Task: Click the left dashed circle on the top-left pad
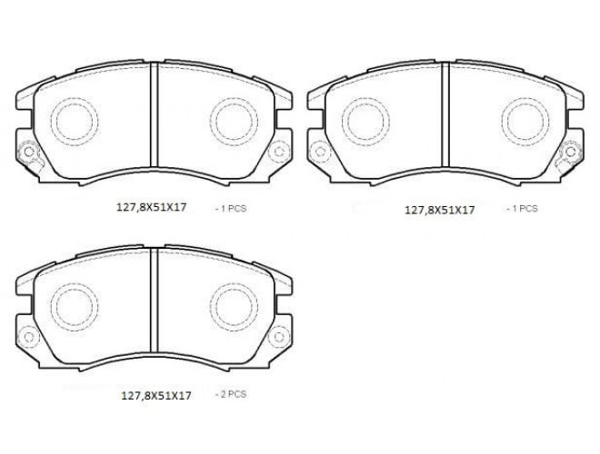click(x=51, y=121)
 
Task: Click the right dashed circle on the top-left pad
click(x=210, y=121)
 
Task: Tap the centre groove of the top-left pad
click(x=154, y=114)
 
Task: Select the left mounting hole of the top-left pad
click(x=28, y=153)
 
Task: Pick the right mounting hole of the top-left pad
click(x=279, y=152)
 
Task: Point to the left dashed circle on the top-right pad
click(x=343, y=121)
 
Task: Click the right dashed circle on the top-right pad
click(x=502, y=121)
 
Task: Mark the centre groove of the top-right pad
click(x=445, y=114)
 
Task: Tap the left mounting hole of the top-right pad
click(x=319, y=152)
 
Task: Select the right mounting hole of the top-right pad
click(x=571, y=152)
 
